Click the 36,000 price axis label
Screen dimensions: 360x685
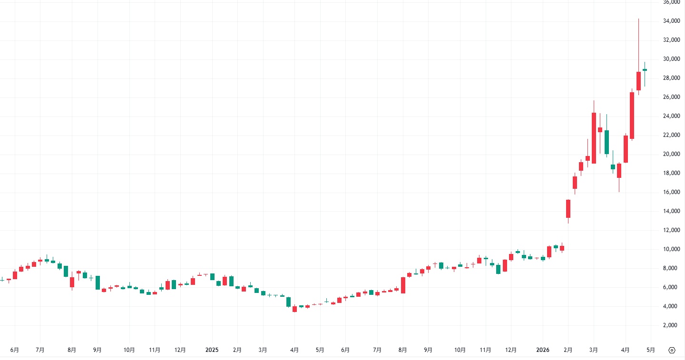pyautogui.click(x=671, y=2)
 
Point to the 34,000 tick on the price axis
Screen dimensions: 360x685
pyautogui.click(x=671, y=21)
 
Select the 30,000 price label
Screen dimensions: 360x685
pyautogui.click(x=671, y=59)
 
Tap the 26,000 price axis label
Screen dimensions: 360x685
pyautogui.click(x=671, y=97)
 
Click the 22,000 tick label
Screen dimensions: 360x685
pyautogui.click(x=671, y=135)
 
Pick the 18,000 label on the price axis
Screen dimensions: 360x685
pyautogui.click(x=671, y=173)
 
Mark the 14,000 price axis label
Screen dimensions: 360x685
pyautogui.click(x=671, y=211)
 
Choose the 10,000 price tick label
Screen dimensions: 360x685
pyautogui.click(x=671, y=249)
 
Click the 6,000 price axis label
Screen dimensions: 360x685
pyautogui.click(x=671, y=287)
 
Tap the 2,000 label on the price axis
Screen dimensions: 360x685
pyautogui.click(x=671, y=325)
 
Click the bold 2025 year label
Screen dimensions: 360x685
pyautogui.click(x=212, y=350)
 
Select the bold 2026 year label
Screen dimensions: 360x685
pyautogui.click(x=543, y=350)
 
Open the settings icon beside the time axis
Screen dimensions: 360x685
pyautogui.click(x=672, y=350)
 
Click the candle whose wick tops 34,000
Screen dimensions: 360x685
pyautogui.click(x=638, y=81)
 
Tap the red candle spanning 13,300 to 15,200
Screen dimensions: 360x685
pyautogui.click(x=568, y=209)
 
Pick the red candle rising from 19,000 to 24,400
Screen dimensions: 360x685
pyautogui.click(x=594, y=138)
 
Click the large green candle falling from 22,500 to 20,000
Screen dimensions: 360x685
pyautogui.click(x=607, y=142)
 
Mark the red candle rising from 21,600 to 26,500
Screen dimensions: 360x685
pyautogui.click(x=632, y=116)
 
